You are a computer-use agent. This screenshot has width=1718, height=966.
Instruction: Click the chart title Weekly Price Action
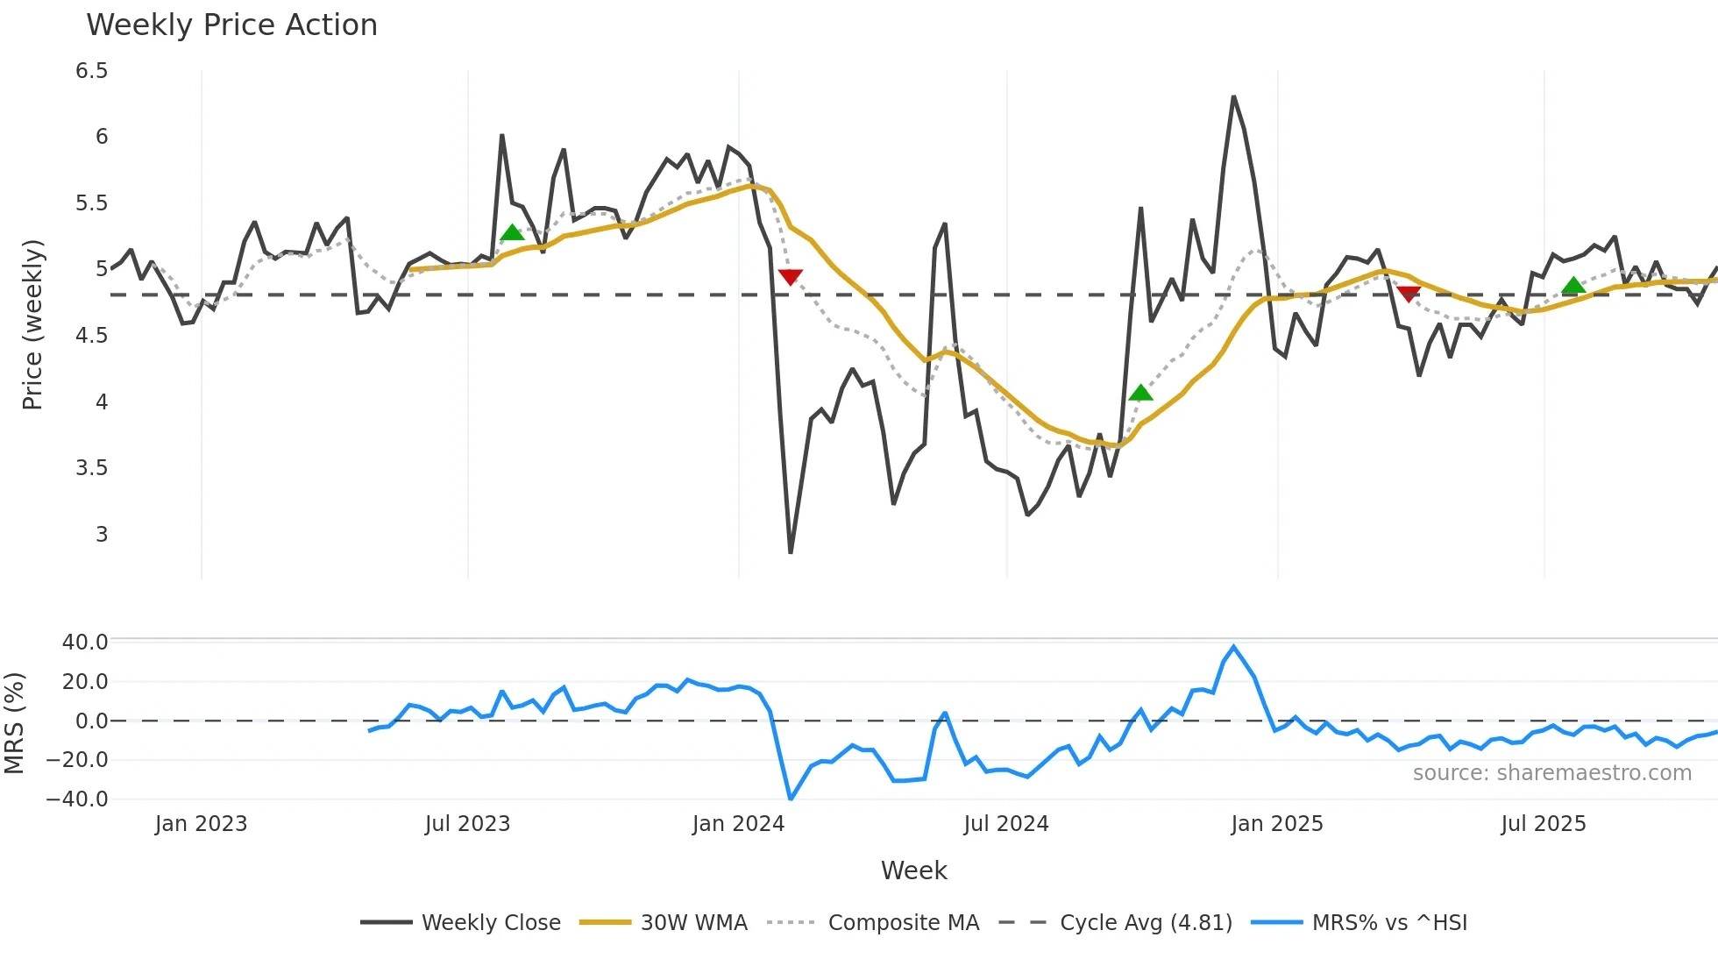click(x=231, y=25)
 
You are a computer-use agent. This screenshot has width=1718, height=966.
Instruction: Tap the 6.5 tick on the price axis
click(x=92, y=71)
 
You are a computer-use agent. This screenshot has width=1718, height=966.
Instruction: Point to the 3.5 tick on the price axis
click(x=92, y=468)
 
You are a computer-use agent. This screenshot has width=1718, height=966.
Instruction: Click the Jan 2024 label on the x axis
click(x=738, y=824)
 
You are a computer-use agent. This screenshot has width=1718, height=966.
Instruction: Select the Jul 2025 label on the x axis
click(x=1543, y=824)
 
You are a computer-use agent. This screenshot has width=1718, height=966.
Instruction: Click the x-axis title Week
click(x=913, y=870)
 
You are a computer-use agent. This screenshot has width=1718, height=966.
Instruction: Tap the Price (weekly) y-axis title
click(x=32, y=324)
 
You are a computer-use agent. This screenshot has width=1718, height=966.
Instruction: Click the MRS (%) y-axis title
click(x=14, y=723)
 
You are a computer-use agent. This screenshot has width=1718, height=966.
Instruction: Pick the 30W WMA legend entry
click(x=693, y=923)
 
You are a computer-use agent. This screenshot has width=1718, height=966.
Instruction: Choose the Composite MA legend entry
click(x=903, y=923)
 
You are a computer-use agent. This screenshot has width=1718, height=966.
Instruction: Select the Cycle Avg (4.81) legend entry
click(x=1146, y=923)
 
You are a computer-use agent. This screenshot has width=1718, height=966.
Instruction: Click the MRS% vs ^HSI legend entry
click(x=1389, y=923)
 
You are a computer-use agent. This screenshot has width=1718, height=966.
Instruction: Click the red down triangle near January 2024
click(x=790, y=277)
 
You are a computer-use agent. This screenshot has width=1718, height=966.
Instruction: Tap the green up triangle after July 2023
click(x=512, y=233)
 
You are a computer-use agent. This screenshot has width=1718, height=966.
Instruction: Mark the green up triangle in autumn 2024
click(x=1140, y=393)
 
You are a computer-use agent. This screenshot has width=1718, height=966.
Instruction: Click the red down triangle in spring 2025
click(x=1409, y=294)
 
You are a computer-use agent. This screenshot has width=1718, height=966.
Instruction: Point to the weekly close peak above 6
click(x=1233, y=96)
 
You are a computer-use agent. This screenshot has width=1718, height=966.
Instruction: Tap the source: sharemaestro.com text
click(x=1551, y=773)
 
